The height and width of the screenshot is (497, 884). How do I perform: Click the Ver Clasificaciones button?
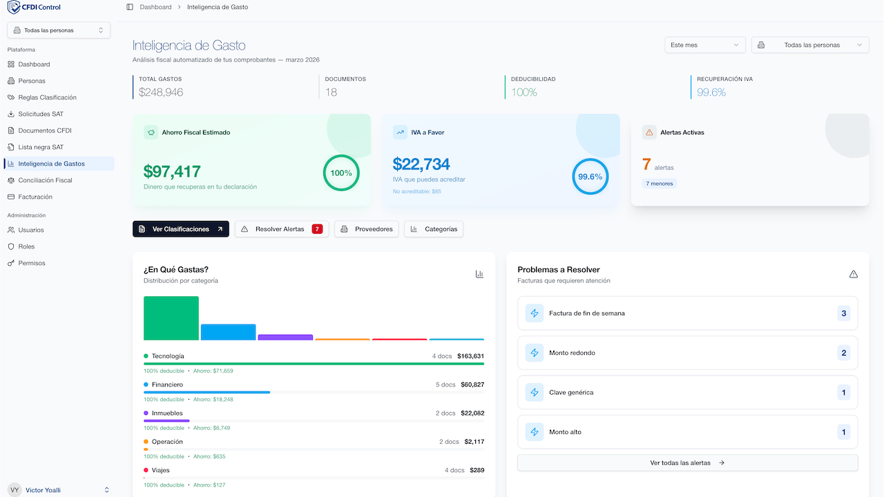click(x=180, y=229)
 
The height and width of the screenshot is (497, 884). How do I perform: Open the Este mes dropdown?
click(x=704, y=45)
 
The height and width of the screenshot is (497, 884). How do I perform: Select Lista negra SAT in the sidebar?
click(x=41, y=147)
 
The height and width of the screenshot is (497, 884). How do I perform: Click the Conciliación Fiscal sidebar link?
click(x=45, y=180)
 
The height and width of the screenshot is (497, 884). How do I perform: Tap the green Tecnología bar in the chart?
click(x=171, y=318)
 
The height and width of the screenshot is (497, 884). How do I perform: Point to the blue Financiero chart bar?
click(x=228, y=332)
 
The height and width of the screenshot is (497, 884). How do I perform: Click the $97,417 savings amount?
click(x=172, y=171)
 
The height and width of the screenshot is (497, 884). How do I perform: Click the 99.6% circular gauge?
click(x=590, y=177)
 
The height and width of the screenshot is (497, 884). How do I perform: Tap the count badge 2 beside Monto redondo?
click(x=843, y=353)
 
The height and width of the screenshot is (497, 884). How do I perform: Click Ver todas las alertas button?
click(x=687, y=462)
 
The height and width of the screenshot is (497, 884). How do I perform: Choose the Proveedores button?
click(x=366, y=229)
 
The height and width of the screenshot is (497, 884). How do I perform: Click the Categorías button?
click(x=433, y=229)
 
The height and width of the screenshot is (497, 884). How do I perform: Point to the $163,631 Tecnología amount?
click(x=470, y=356)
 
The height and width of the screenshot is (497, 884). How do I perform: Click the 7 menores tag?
click(x=659, y=184)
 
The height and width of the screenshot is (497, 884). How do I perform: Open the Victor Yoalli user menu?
click(x=59, y=490)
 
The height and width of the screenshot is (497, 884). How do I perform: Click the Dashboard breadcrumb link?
click(x=155, y=7)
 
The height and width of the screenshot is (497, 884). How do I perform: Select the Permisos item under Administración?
click(x=32, y=263)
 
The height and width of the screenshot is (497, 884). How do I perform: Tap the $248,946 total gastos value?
click(x=161, y=92)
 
